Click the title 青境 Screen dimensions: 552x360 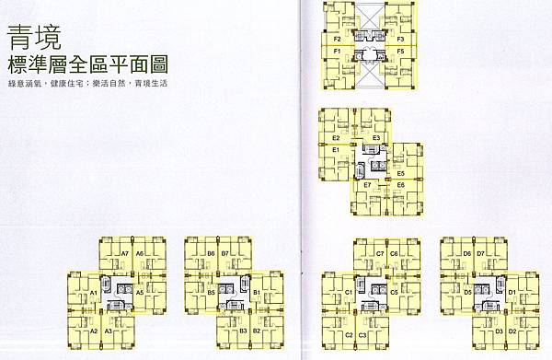point(29,41)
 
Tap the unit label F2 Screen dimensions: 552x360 point(338,40)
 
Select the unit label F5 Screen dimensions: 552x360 point(401,52)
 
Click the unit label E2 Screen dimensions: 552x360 point(337,138)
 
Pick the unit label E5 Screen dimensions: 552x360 point(401,173)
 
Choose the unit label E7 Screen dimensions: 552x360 point(366,186)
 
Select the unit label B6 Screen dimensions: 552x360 point(211,252)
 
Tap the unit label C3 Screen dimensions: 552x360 point(362,334)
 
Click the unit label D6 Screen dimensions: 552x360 point(466,252)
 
